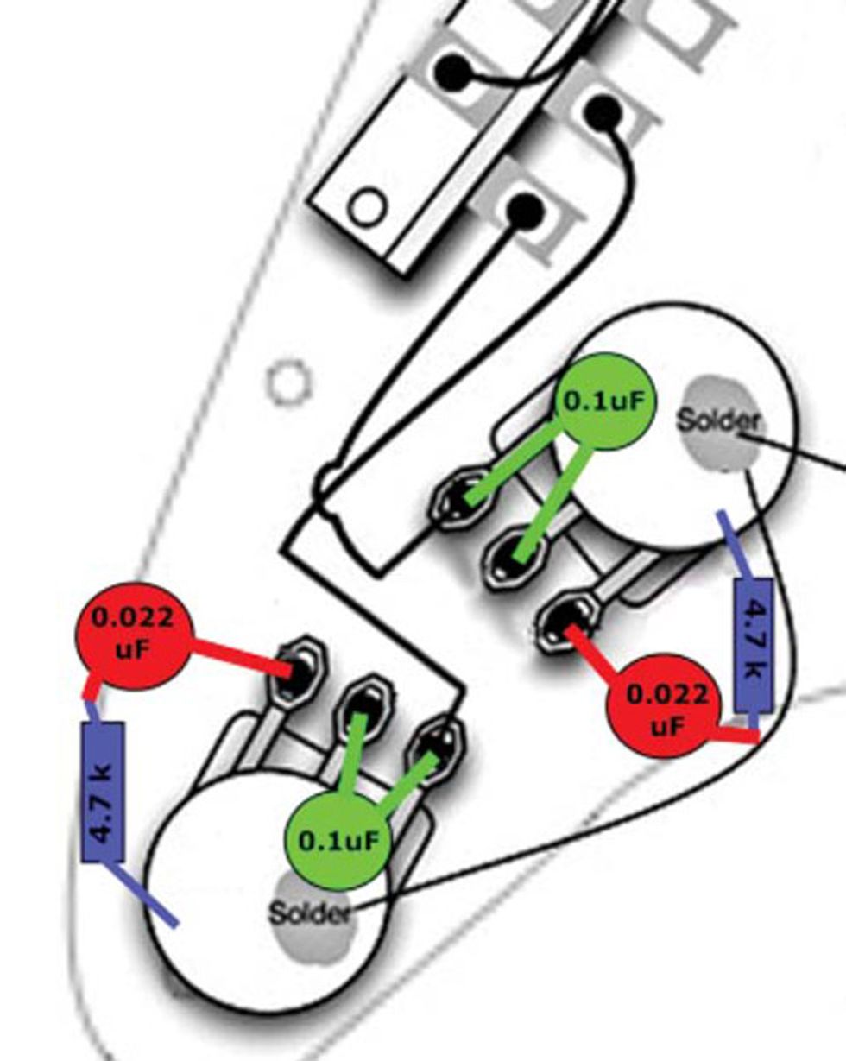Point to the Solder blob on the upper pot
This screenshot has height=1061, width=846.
tap(718, 422)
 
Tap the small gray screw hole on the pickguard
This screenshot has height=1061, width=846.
tap(290, 382)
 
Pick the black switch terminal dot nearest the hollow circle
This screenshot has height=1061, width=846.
tap(525, 211)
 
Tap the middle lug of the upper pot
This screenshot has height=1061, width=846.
tap(514, 557)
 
